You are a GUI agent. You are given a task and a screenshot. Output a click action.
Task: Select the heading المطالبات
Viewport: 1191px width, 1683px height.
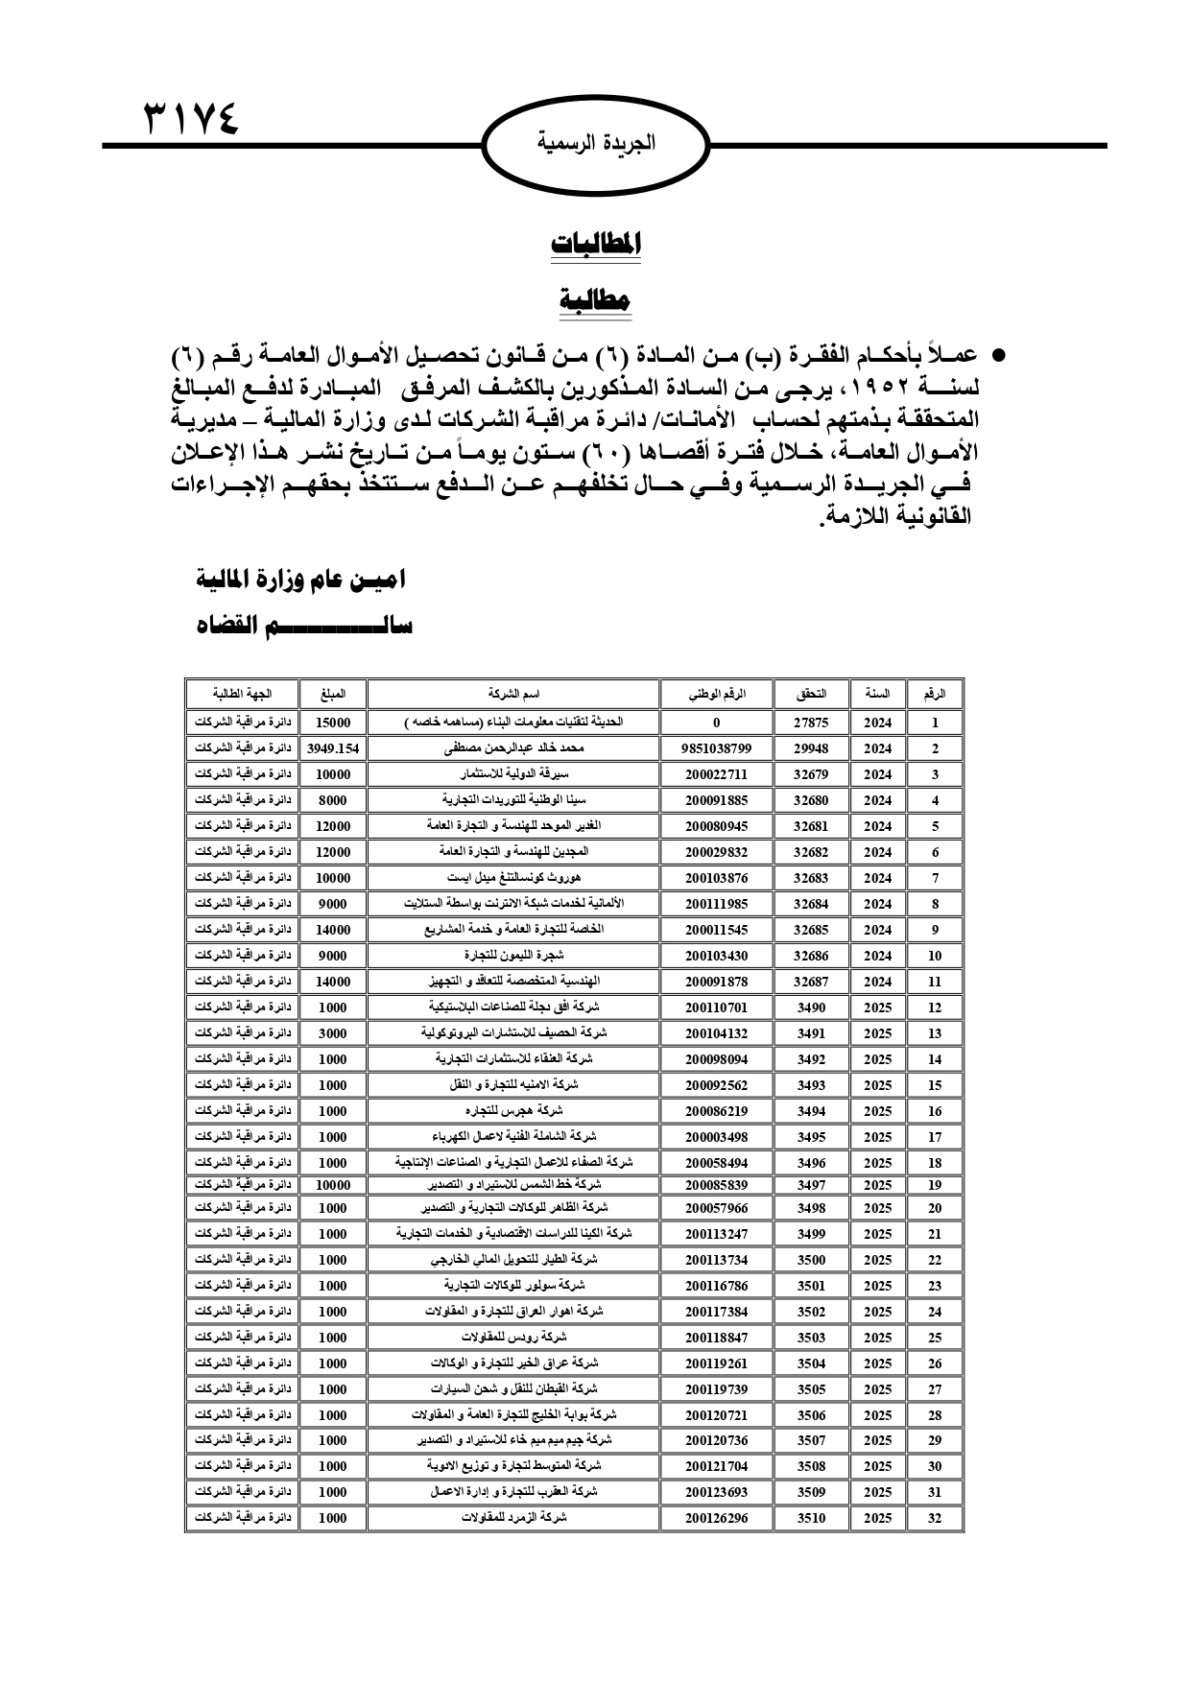595,244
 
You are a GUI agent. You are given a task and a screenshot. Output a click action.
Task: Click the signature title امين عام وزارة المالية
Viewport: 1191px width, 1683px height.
300,580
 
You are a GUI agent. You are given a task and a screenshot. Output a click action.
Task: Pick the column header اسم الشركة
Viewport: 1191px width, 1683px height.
513,693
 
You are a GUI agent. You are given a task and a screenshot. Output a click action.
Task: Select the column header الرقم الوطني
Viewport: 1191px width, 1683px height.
717,693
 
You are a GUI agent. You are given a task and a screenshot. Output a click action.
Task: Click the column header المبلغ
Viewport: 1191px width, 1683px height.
332,693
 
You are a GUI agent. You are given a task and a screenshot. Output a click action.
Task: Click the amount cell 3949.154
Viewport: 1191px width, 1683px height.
332,748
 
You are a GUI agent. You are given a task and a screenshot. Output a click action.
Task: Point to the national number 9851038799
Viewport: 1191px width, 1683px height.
717,748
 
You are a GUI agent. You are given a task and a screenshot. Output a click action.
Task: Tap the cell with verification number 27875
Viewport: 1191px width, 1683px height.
811,723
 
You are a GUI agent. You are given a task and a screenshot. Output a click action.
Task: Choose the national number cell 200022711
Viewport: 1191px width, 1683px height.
717,774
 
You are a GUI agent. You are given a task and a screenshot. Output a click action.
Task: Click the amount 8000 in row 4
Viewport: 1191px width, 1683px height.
332,800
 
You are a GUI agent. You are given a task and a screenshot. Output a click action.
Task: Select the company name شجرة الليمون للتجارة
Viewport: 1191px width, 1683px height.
513,956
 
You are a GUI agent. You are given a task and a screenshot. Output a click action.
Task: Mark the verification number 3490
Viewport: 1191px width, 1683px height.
811,1007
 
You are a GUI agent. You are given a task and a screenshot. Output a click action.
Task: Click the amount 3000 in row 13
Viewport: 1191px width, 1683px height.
332,1033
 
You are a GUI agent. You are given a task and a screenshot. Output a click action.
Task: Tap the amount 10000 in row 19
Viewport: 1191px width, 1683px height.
332,1185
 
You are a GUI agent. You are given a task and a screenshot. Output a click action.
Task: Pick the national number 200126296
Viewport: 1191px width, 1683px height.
717,1518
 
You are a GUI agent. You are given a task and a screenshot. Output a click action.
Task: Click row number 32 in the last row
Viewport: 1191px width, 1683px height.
935,1518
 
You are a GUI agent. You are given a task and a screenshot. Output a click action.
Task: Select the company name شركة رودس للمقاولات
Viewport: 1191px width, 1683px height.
513,1337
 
